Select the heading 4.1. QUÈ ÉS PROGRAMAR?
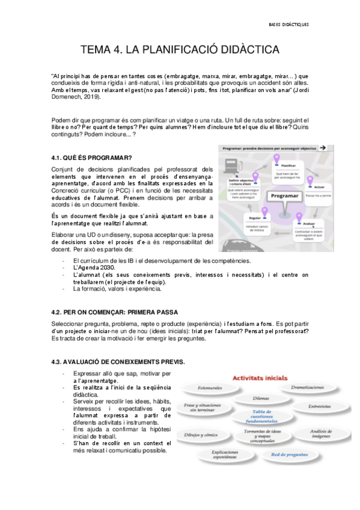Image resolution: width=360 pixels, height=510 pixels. (x=92, y=158)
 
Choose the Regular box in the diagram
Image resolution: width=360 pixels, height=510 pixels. (x=254, y=217)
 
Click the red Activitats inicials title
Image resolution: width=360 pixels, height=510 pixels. (x=259, y=378)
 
